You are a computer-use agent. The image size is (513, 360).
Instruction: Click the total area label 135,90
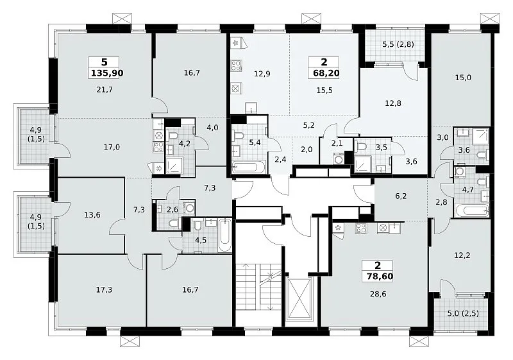click(107, 73)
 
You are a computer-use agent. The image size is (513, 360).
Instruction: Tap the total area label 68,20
click(326, 73)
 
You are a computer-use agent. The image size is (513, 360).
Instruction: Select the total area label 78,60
click(380, 276)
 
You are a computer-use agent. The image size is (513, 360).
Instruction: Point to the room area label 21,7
click(105, 89)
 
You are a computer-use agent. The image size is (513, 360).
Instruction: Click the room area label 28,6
click(378, 294)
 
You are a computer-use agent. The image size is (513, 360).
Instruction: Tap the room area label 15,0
click(463, 78)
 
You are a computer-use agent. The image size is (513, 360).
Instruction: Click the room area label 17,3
click(104, 289)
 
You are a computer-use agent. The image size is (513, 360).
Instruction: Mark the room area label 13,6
click(92, 215)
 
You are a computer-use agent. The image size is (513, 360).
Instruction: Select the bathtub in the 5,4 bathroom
click(249, 167)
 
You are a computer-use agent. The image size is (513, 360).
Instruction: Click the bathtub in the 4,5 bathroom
click(225, 235)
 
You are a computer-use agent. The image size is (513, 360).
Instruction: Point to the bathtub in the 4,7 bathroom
click(471, 210)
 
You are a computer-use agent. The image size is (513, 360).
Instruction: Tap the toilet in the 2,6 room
click(174, 223)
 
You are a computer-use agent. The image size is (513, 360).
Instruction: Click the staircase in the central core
click(258, 286)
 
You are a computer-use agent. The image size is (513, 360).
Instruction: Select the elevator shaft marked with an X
click(299, 298)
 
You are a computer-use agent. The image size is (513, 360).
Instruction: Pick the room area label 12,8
click(393, 103)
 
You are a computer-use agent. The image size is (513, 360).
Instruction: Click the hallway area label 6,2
click(401, 196)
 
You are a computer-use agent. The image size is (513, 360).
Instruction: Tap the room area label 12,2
click(462, 255)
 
